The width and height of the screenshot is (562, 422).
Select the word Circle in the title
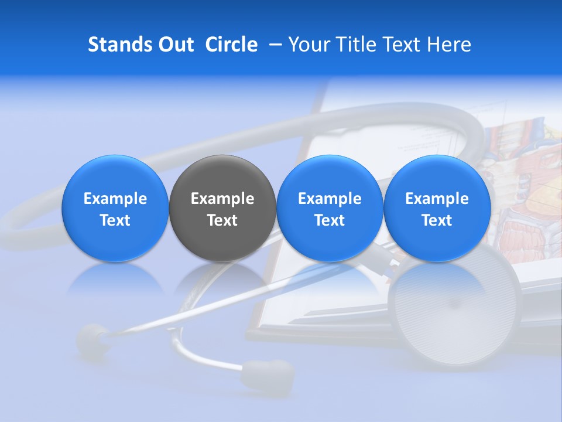pyautogui.click(x=231, y=45)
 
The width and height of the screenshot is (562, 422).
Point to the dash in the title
pyautogui.click(x=275, y=45)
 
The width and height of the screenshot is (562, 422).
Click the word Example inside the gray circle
pyautogui.click(x=222, y=199)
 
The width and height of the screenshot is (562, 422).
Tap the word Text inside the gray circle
pyautogui.click(x=222, y=220)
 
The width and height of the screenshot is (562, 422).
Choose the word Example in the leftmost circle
pyautogui.click(x=115, y=199)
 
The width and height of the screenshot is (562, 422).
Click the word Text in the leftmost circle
pyautogui.click(x=115, y=220)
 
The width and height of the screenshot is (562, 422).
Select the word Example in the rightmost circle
pyautogui.click(x=437, y=199)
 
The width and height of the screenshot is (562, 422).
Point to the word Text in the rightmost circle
pyautogui.click(x=437, y=220)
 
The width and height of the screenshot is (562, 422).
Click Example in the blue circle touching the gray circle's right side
pyautogui.click(x=330, y=199)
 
